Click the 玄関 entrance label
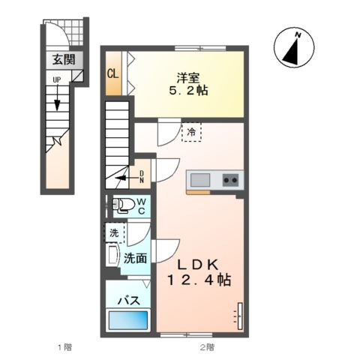(x=64, y=60)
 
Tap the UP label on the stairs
(x=57, y=80)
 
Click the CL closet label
(x=113, y=73)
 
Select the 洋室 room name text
(x=188, y=78)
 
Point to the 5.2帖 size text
(x=188, y=91)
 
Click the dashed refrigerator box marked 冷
(x=191, y=132)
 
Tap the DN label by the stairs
(x=142, y=177)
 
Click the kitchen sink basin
(x=200, y=180)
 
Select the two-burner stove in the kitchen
(x=230, y=180)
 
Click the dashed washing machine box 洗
(x=115, y=232)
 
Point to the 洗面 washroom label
(x=135, y=258)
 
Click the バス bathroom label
(x=129, y=300)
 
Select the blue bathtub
(x=127, y=320)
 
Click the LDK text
(x=198, y=265)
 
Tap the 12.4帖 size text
(x=199, y=280)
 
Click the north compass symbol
(x=294, y=47)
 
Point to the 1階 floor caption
(x=65, y=347)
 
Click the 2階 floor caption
(x=207, y=347)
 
